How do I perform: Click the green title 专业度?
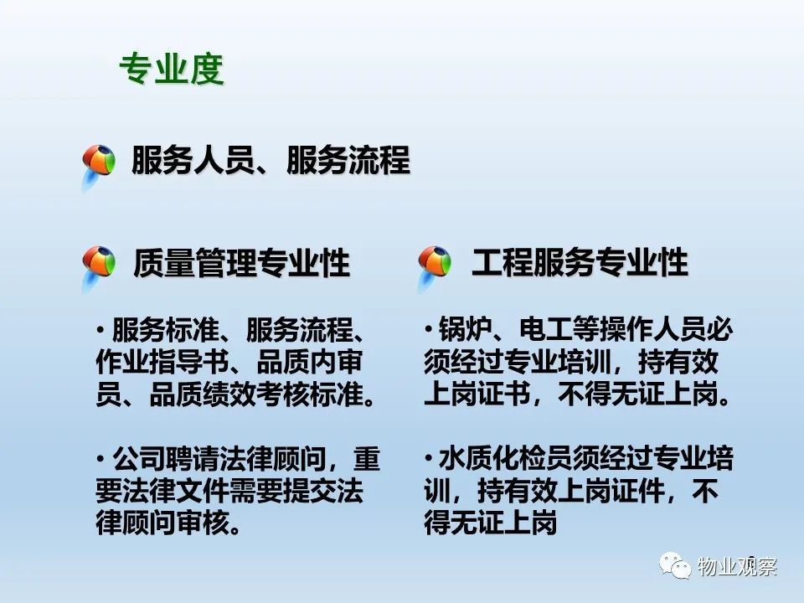pos(172,69)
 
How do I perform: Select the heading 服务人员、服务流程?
pos(271,159)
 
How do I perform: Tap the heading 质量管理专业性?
pos(241,262)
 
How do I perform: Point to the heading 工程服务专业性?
pos(580,262)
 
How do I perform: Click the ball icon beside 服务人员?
pos(99,163)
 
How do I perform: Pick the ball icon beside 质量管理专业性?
pos(99,265)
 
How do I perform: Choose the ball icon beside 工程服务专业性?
pos(435,265)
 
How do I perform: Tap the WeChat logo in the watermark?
pos(675,565)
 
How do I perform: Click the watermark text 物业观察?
pos(737,566)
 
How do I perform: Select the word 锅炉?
pos(466,329)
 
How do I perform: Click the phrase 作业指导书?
pos(162,362)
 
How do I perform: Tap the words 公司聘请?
pos(166,458)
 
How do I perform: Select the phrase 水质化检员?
pos(506,458)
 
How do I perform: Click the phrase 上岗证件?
pos(611,492)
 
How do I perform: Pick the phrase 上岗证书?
pos(477,394)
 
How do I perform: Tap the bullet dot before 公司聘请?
pos(101,457)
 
